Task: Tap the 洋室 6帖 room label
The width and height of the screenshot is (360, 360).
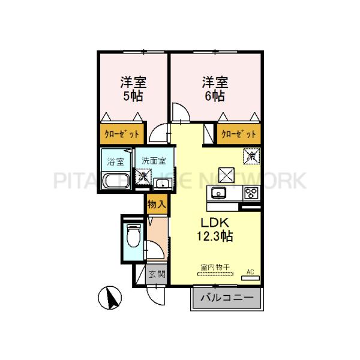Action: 213,88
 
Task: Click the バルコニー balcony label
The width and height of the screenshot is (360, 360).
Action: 227,298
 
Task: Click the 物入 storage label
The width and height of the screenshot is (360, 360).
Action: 157,204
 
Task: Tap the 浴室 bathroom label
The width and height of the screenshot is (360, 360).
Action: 115,161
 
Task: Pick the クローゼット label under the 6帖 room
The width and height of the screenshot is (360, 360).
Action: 239,134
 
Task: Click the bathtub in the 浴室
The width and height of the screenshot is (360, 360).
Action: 115,181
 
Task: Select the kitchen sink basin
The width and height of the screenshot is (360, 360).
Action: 217,193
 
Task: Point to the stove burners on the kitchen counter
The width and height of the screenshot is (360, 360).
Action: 250,193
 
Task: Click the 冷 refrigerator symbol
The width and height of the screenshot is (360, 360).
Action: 251,156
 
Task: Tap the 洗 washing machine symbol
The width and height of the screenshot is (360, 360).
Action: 143,177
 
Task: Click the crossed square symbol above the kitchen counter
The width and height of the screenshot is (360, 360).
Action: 226,175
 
